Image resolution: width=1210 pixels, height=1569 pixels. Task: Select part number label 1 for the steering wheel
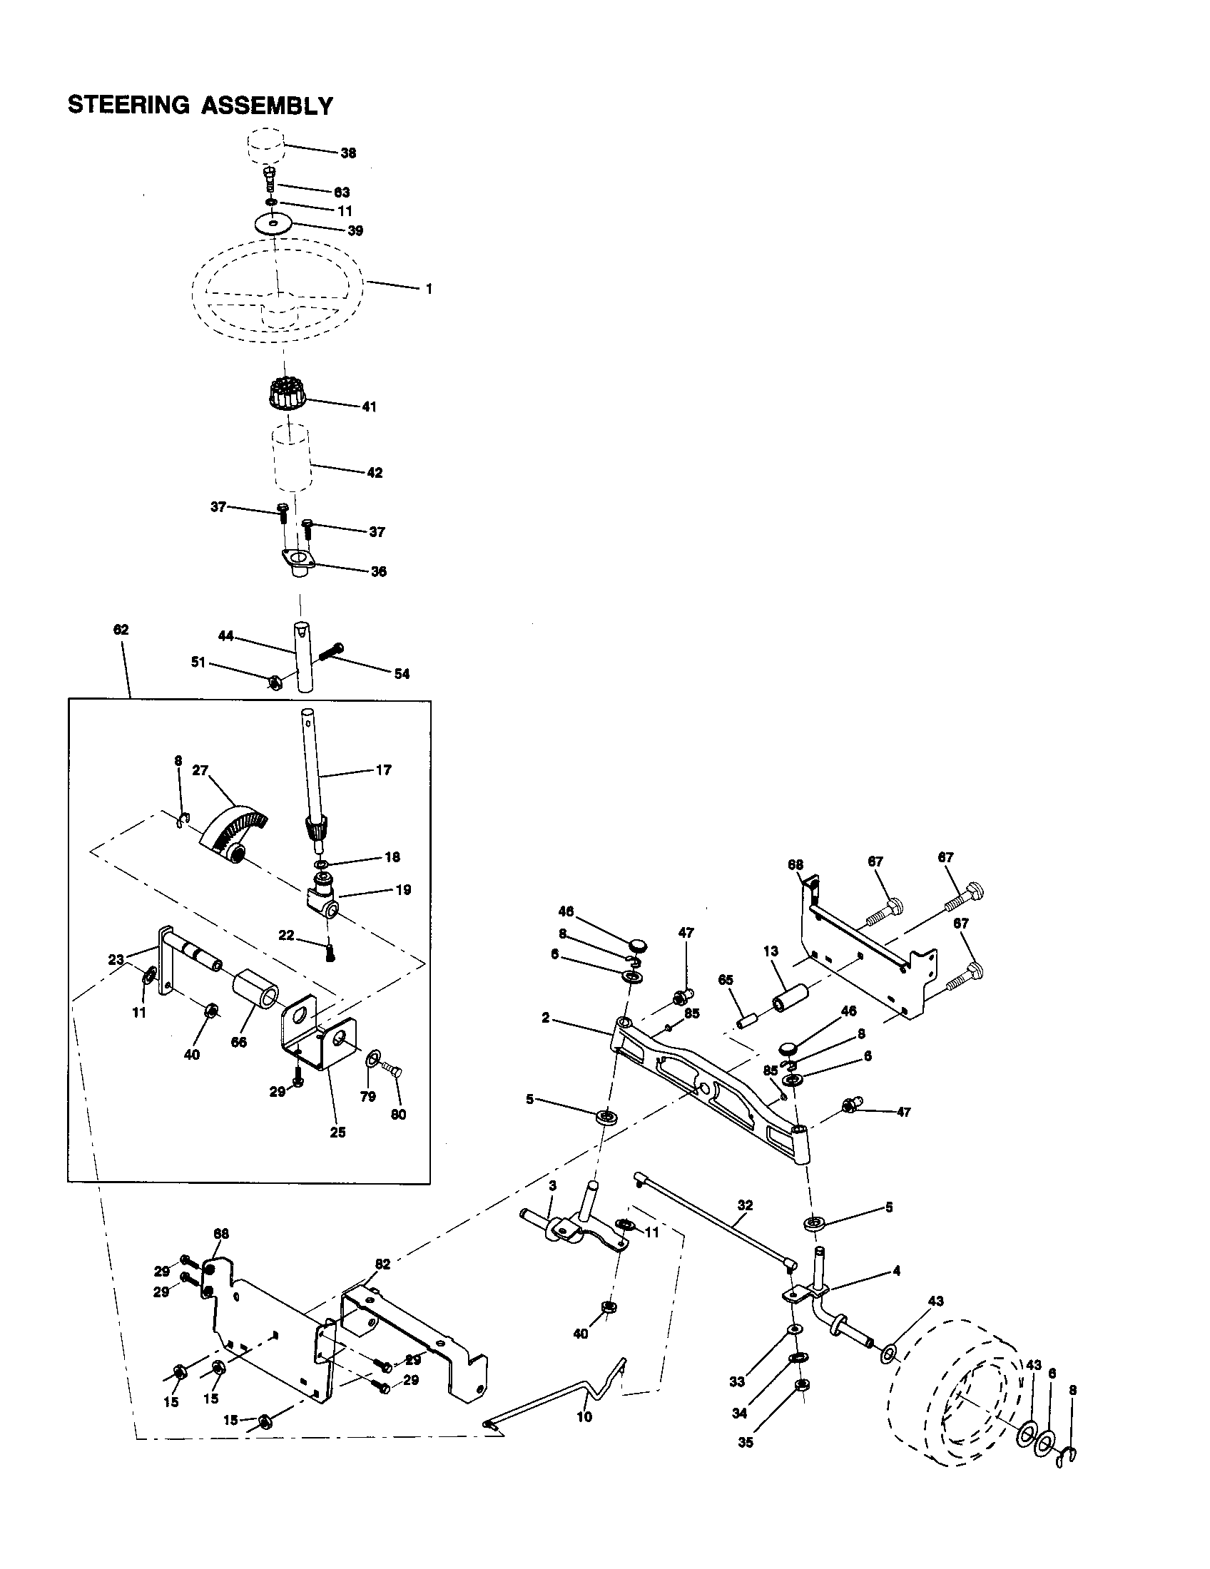pos(429,289)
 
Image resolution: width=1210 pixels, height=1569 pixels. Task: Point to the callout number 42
pos(375,473)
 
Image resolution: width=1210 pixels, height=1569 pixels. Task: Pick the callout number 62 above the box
pos(121,630)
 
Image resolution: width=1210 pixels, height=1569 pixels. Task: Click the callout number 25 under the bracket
pos(337,1133)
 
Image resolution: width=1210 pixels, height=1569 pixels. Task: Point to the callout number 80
pos(398,1115)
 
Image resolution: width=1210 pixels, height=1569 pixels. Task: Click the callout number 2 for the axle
pos(546,1018)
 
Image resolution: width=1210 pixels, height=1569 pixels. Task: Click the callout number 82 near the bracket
pos(382,1264)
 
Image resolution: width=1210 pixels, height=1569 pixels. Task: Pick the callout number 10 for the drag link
pos(584,1417)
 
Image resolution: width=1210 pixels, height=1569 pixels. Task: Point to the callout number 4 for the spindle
pos(896,1271)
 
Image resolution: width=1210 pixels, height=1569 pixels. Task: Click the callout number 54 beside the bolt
pos(402,674)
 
